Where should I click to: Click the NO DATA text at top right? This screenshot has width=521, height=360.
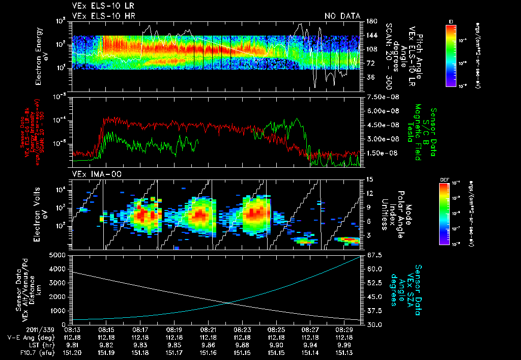[x=342, y=16]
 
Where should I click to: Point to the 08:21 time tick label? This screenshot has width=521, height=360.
[x=208, y=329]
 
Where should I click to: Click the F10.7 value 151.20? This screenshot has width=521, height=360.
[x=72, y=352]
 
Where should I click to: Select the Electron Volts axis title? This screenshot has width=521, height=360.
[x=42, y=214]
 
